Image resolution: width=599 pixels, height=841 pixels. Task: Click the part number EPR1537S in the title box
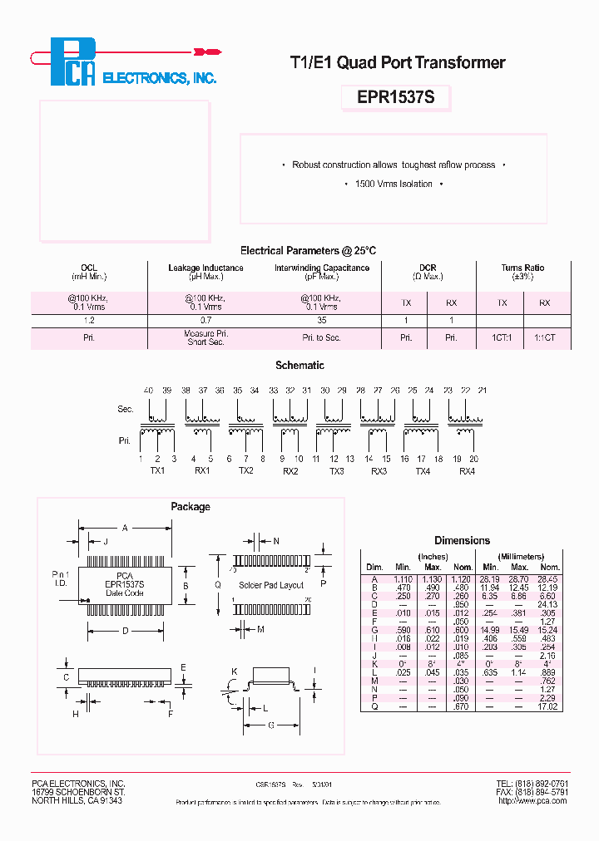point(395,97)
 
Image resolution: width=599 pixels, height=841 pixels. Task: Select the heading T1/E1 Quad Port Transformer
point(397,62)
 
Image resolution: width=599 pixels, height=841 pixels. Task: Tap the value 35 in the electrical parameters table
point(322,320)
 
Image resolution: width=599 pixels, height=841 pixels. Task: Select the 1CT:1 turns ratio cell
point(502,338)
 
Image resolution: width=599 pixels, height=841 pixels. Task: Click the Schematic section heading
point(299,365)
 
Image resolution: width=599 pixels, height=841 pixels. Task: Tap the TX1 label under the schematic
point(157,470)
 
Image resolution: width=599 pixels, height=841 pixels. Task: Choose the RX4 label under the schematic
point(466,470)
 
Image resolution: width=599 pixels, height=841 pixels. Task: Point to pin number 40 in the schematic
point(148,391)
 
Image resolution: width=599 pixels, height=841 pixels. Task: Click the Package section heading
point(191,507)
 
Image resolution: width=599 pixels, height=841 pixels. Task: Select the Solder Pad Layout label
point(270,585)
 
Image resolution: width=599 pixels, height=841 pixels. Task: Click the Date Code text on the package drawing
point(124,593)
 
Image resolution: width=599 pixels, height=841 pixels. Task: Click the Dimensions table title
point(462,540)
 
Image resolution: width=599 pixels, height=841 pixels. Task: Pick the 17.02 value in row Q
point(547,706)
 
